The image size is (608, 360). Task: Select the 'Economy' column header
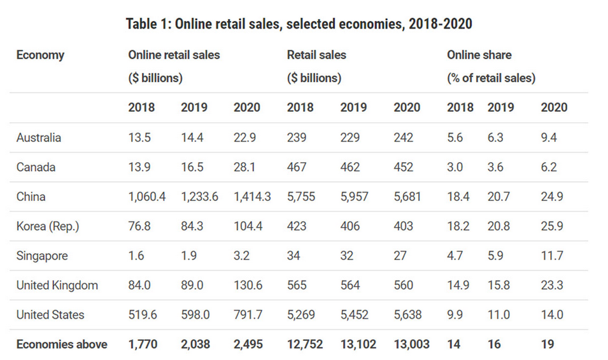click(x=40, y=55)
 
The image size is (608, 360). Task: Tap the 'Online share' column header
click(x=479, y=55)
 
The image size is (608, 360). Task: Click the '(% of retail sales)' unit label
click(x=491, y=79)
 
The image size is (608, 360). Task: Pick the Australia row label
click(x=39, y=138)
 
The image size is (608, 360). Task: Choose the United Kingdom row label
click(x=57, y=286)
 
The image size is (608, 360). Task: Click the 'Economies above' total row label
click(x=62, y=345)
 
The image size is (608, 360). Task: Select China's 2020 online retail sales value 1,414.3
click(x=253, y=197)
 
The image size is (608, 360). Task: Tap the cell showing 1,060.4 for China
click(x=147, y=197)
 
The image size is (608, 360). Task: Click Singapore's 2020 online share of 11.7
click(x=552, y=256)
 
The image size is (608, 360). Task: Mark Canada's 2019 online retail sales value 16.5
click(x=192, y=167)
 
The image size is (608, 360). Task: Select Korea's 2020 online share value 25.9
click(x=552, y=226)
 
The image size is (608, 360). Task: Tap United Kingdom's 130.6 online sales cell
click(x=248, y=286)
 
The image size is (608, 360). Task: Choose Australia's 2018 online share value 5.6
click(x=456, y=138)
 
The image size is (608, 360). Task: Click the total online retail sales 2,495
click(x=248, y=345)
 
